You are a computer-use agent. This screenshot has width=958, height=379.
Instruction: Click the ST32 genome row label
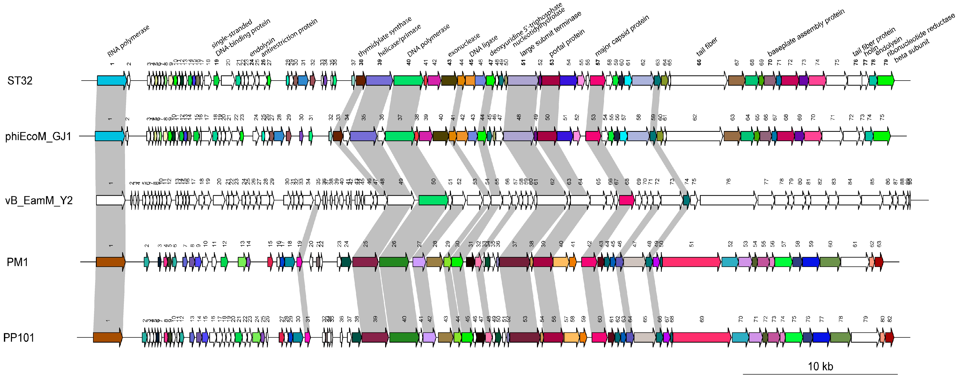coord(20,81)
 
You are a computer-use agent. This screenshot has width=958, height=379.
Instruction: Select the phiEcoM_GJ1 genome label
coord(38,136)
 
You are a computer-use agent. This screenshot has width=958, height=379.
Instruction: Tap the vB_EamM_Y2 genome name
coord(39,201)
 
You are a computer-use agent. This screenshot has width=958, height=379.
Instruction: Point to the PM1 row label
coord(17,262)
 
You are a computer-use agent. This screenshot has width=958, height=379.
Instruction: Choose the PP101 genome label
coord(19,338)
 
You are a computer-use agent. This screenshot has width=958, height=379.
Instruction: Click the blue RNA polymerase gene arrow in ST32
coord(111,81)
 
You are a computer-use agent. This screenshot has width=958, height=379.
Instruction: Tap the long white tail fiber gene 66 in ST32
coord(698,81)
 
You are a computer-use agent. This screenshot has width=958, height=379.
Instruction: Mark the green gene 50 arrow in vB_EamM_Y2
coord(433,200)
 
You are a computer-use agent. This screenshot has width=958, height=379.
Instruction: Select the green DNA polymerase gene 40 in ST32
coord(408,81)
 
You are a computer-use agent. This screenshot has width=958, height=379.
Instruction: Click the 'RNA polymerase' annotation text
coord(128,41)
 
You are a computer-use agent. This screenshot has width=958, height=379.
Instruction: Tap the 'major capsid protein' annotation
coord(622,35)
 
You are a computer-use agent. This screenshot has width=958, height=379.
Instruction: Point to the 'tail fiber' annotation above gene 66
coord(707,47)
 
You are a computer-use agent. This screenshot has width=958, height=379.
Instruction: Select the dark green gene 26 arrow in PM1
coord(394,262)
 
